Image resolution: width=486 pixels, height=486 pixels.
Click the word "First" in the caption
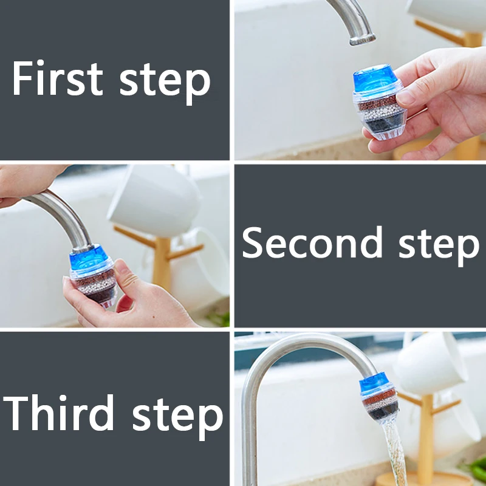(x=58, y=78)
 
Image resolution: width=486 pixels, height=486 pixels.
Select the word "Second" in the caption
(x=312, y=242)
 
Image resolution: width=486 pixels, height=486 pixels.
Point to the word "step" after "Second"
(x=439, y=246)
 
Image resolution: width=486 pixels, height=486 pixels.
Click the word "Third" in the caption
(x=58, y=412)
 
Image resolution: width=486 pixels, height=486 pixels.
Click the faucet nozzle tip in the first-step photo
(x=363, y=40)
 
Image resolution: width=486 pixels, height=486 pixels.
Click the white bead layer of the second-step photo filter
(x=97, y=286)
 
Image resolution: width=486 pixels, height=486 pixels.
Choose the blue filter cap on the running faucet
(x=374, y=382)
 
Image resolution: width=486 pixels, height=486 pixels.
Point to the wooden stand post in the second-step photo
(x=162, y=264)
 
